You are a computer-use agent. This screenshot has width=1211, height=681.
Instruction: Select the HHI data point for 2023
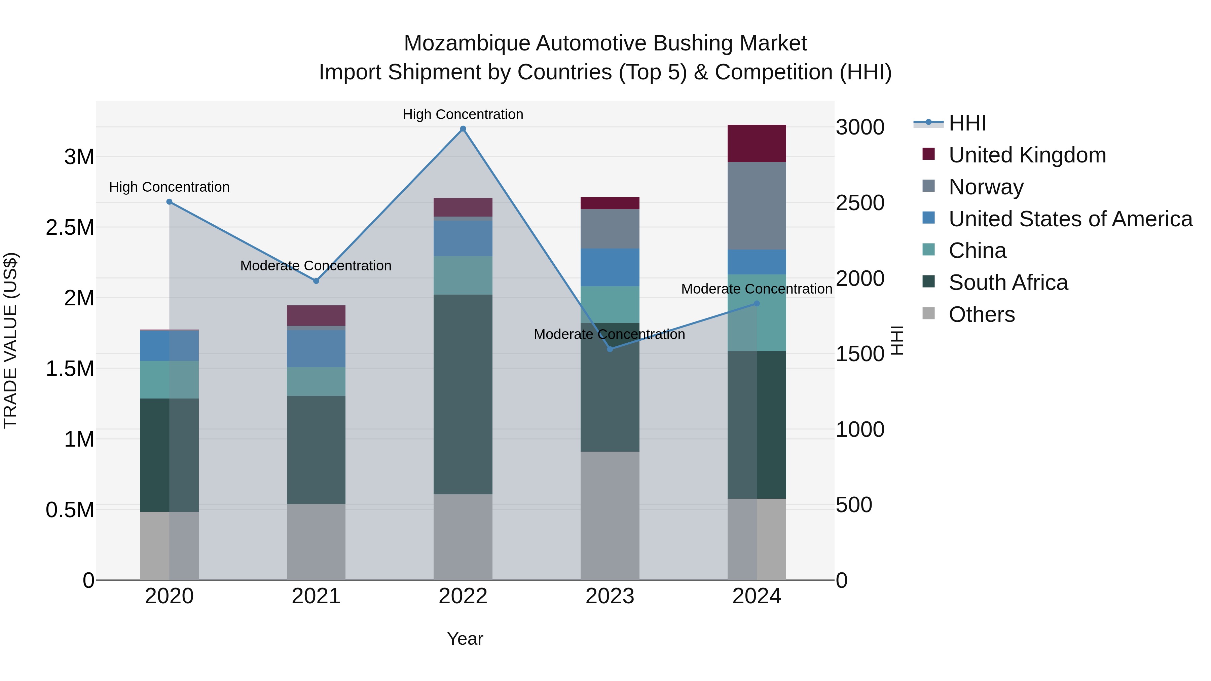pos(610,349)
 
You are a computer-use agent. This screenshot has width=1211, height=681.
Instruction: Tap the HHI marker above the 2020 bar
pos(169,202)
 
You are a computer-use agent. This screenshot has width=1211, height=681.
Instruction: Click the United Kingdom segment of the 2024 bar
pos(757,143)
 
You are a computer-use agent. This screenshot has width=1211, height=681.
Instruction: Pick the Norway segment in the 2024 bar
pos(757,206)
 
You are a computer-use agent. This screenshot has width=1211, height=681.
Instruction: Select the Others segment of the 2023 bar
pos(610,516)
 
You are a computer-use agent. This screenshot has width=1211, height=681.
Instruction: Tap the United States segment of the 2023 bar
pos(610,267)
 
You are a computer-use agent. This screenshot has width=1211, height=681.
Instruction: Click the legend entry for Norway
pos(986,187)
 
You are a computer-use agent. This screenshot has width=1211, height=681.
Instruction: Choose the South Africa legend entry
pos(1008,282)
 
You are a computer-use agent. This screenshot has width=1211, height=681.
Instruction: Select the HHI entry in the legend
pos(967,123)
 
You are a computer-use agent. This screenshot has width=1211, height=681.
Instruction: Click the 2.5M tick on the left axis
pos(70,227)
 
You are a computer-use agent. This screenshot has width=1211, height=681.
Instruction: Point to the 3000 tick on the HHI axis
pos(860,127)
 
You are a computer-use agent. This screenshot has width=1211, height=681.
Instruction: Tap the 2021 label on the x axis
pos(316,596)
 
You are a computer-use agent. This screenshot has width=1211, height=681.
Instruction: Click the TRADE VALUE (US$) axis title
pos(10,340)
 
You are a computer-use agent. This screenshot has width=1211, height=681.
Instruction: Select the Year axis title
pos(465,639)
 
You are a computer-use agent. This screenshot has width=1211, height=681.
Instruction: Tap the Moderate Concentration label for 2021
pos(316,266)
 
